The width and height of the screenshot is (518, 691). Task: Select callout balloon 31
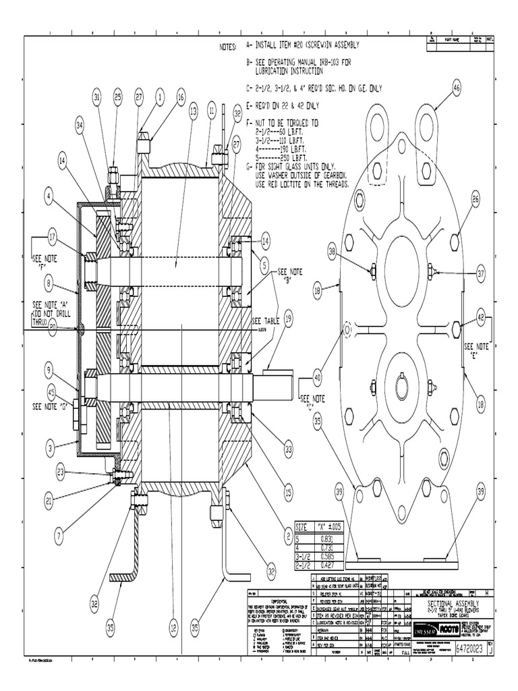point(97,98)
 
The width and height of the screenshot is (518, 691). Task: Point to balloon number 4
point(49,196)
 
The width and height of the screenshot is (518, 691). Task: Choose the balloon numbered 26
point(475,198)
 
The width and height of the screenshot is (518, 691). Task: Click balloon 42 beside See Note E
point(480,316)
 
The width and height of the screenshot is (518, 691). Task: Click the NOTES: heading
point(228,47)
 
